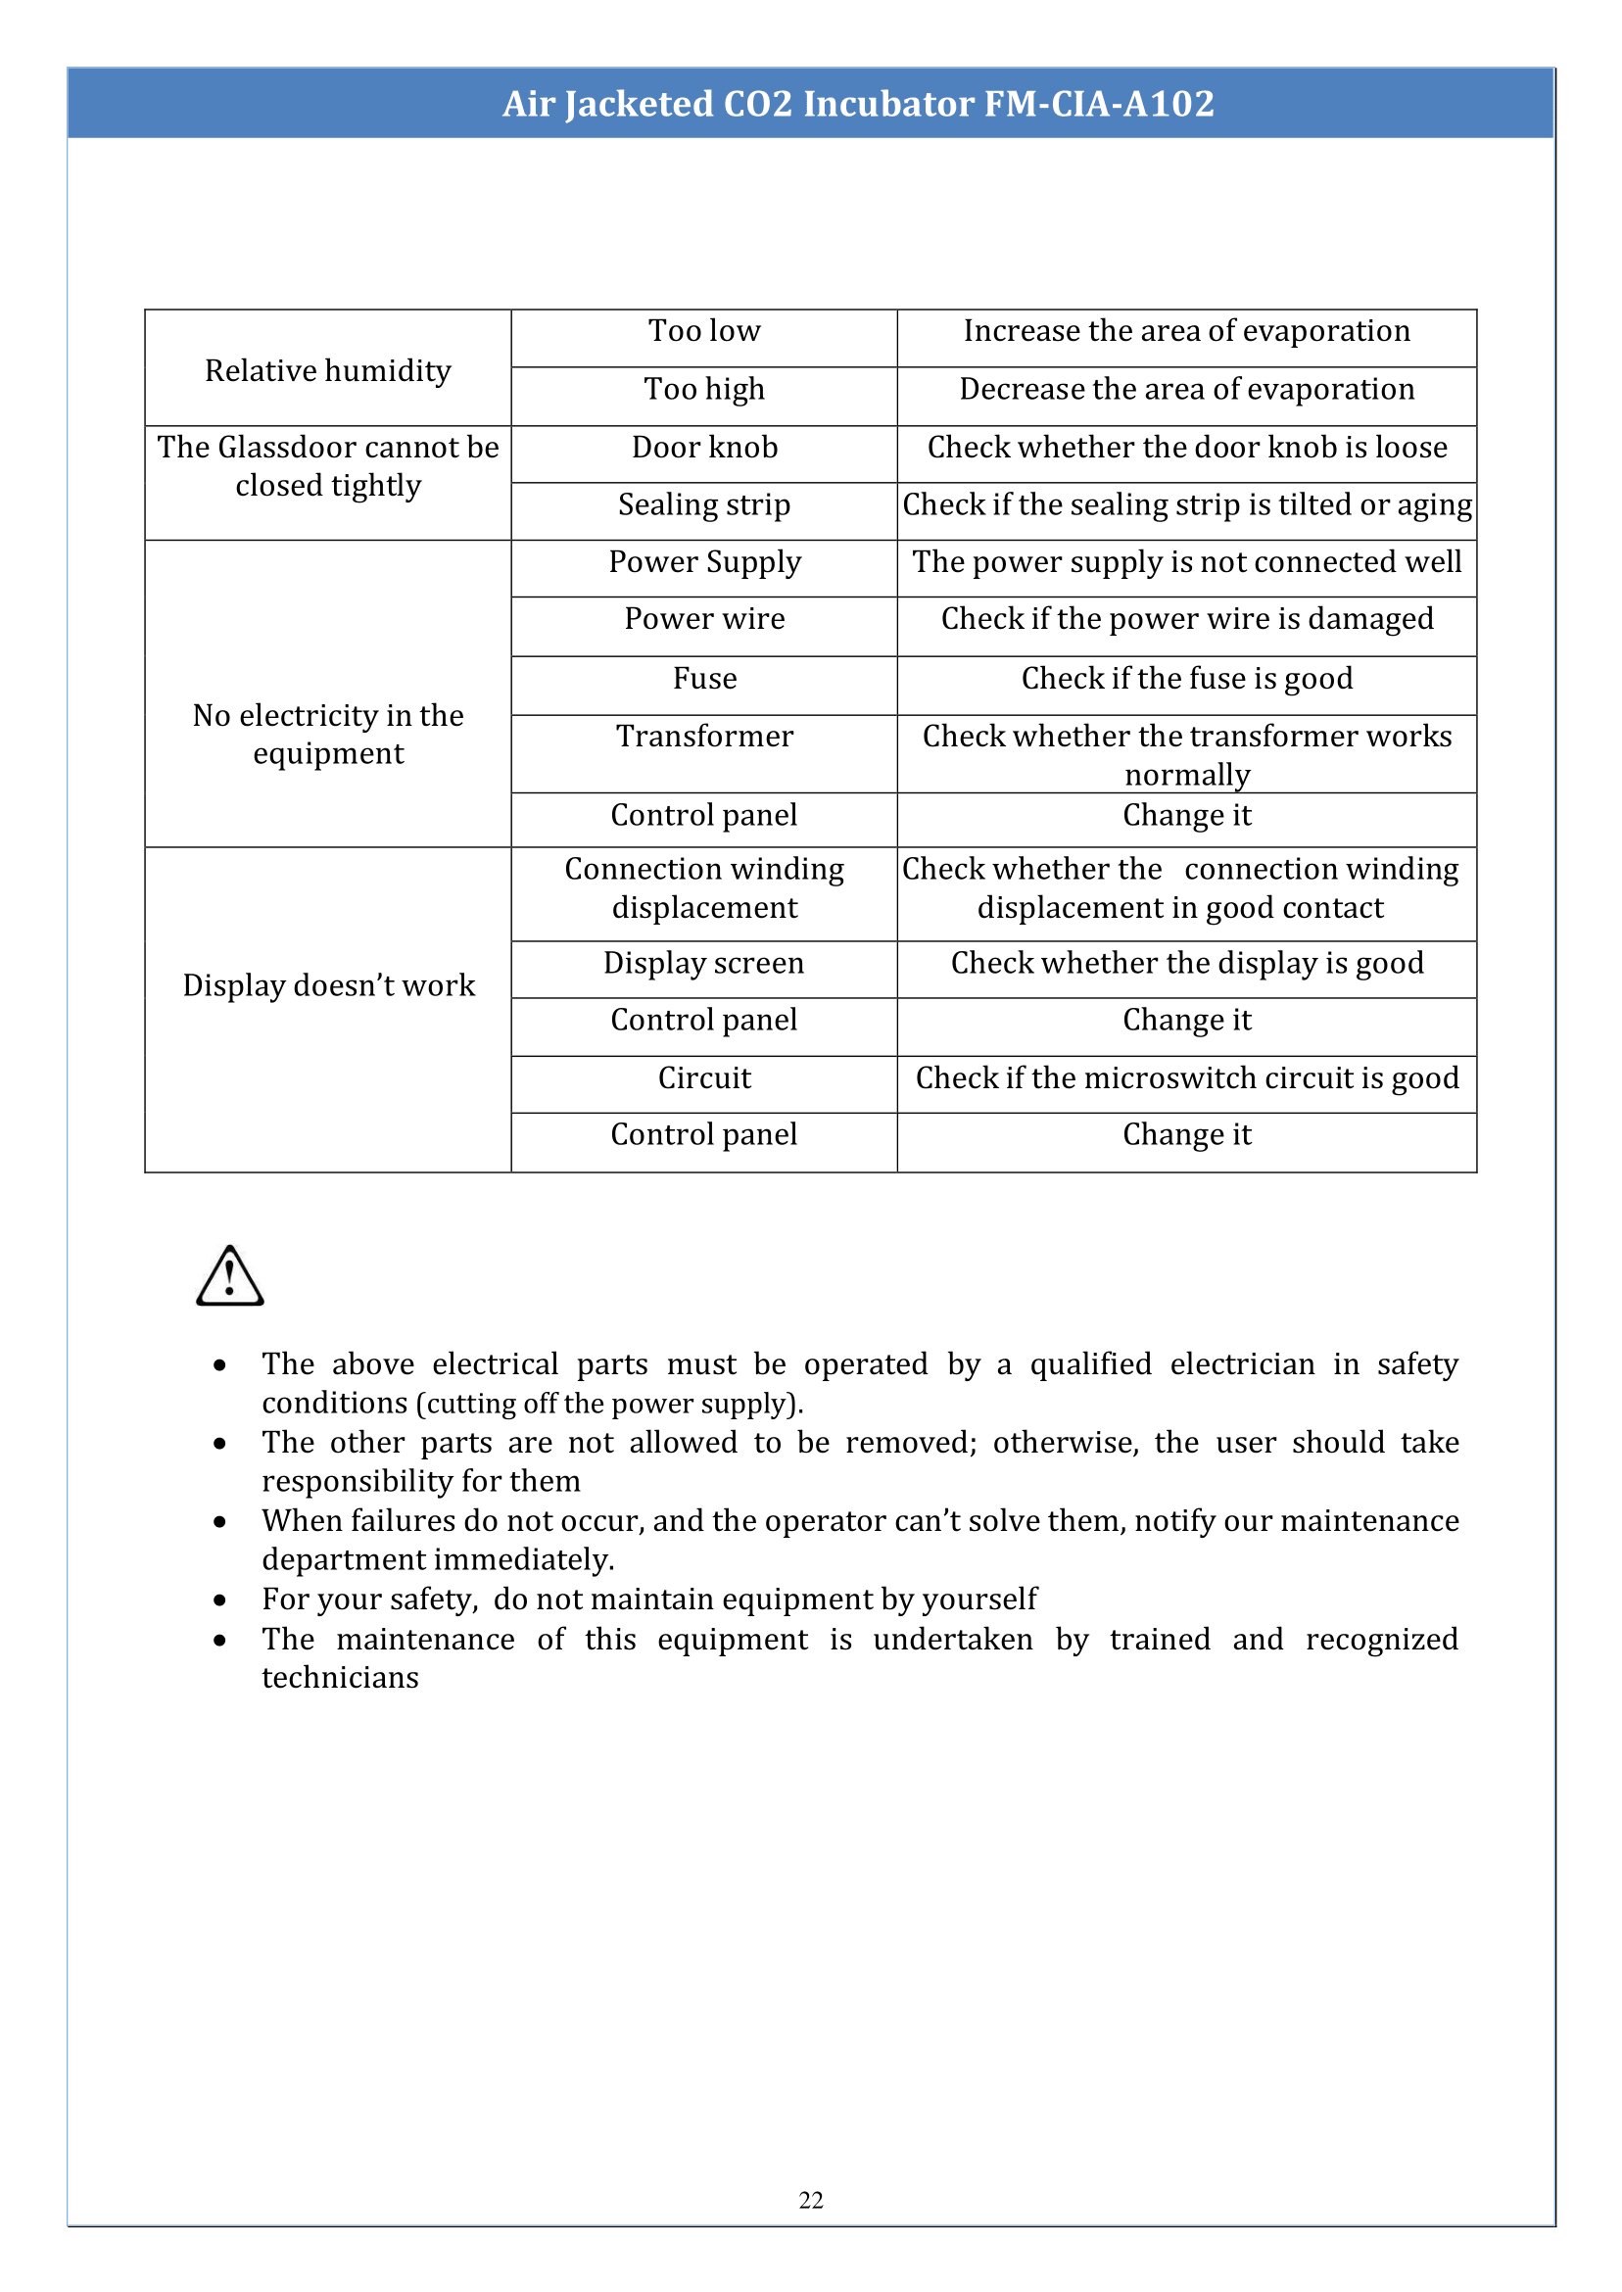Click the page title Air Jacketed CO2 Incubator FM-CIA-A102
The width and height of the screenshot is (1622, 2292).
(x=858, y=104)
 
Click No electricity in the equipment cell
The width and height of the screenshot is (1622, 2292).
(x=327, y=734)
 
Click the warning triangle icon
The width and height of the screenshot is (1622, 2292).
(x=230, y=1277)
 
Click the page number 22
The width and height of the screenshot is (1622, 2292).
(x=811, y=2200)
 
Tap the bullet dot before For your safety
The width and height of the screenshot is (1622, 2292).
(x=219, y=1600)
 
